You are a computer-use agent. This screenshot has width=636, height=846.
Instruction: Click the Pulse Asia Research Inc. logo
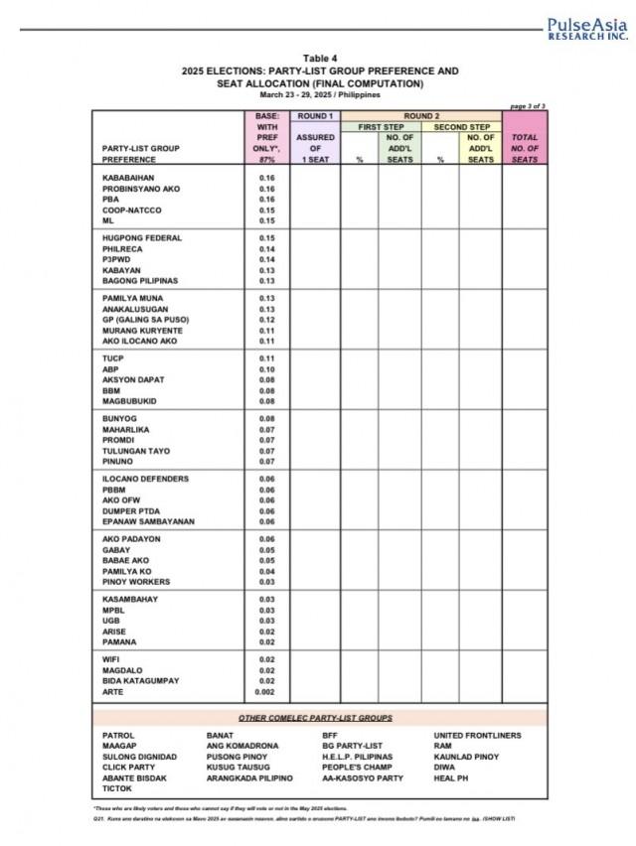587,28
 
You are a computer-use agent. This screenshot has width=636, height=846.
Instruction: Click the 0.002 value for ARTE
266,692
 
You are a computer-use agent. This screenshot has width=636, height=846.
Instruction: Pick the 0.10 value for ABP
266,369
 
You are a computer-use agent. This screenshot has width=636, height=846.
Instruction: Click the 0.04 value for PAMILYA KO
266,571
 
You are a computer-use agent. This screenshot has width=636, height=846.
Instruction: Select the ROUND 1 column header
314,116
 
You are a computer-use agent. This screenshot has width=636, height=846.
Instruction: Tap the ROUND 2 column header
422,116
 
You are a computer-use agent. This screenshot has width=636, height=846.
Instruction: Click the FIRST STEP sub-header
382,127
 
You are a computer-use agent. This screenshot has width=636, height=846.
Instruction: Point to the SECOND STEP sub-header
461,127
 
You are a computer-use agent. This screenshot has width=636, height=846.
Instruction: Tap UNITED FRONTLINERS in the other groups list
477,736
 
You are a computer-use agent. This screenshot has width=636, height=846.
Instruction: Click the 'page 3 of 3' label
527,105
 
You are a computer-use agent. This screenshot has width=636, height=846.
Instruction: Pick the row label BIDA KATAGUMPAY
141,681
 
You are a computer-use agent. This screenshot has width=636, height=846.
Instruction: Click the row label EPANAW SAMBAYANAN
148,521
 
